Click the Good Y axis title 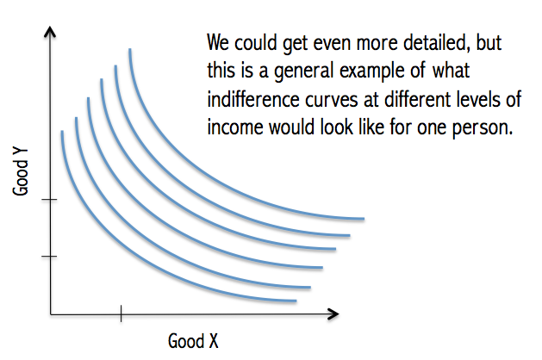[x=21, y=172]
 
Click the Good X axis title [x=193, y=341]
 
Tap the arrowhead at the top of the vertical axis [x=50, y=32]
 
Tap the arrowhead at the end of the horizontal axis [x=333, y=314]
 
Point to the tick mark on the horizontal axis [x=121, y=313]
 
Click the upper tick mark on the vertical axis [x=49, y=199]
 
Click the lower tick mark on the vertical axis [x=49, y=256]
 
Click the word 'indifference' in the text [x=253, y=100]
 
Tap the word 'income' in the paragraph [x=235, y=127]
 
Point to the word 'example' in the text [x=372, y=71]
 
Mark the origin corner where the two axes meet [x=51, y=314]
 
